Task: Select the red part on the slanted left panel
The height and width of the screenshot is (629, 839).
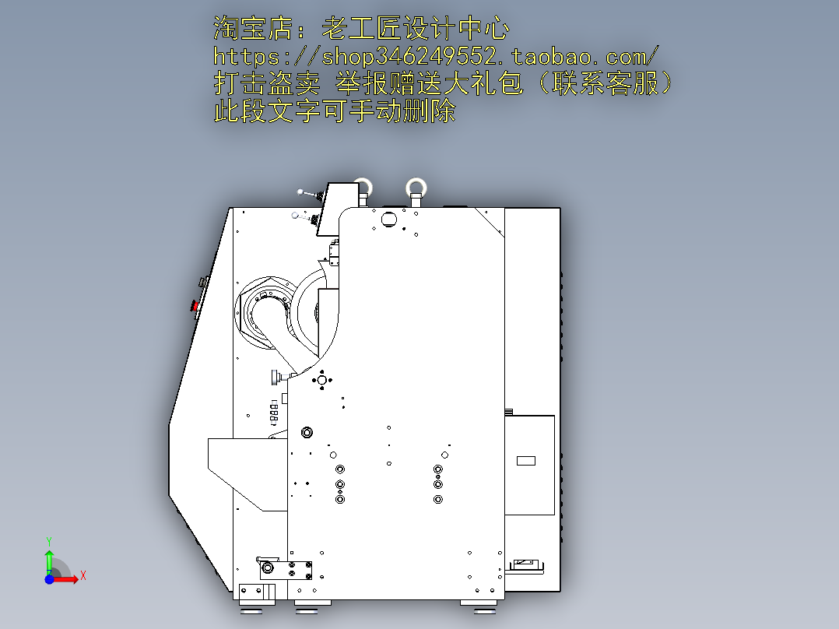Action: tap(195, 306)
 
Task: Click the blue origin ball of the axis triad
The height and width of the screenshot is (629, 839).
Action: tap(49, 579)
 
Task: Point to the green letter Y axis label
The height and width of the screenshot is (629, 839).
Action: tap(49, 541)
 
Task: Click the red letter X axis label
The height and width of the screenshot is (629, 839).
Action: tap(83, 576)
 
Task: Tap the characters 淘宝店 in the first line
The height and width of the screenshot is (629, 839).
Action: tap(254, 28)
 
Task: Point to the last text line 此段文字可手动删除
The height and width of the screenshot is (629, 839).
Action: tap(335, 111)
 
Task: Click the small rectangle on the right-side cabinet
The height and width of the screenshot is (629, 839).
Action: tap(526, 460)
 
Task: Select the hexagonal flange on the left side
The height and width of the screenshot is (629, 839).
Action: tap(262, 313)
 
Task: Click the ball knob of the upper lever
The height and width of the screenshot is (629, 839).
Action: tap(300, 192)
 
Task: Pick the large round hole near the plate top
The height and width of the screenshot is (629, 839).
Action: tap(389, 219)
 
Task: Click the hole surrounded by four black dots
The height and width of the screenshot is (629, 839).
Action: tap(321, 380)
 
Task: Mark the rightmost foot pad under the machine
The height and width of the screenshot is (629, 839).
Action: tap(478, 606)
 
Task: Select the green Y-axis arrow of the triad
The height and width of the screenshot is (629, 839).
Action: tap(49, 562)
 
